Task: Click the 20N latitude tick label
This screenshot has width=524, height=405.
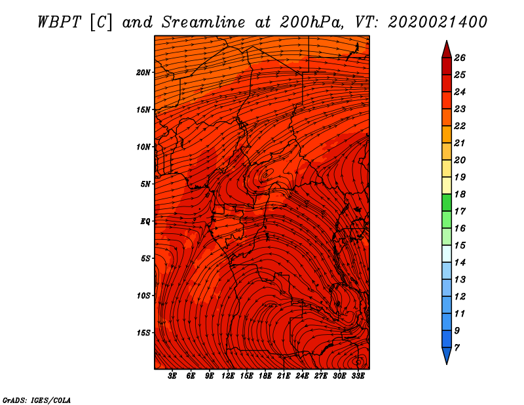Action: (x=143, y=73)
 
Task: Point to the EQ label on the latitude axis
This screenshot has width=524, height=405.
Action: (x=145, y=221)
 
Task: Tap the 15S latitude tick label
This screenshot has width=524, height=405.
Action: (x=143, y=333)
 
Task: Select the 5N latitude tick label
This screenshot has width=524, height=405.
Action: (x=145, y=184)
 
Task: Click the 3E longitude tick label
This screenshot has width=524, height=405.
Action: (x=172, y=376)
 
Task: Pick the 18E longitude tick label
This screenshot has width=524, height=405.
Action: (x=265, y=376)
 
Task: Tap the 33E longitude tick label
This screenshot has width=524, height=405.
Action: (x=358, y=376)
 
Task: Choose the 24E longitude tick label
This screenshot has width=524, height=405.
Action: (x=302, y=376)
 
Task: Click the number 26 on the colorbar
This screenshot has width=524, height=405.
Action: (x=460, y=58)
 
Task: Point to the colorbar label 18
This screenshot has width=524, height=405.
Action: (x=460, y=194)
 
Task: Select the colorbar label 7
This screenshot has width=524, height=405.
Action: (x=457, y=348)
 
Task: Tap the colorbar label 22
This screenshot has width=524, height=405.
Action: (x=460, y=126)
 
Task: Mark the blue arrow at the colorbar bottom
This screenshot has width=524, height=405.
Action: (x=447, y=355)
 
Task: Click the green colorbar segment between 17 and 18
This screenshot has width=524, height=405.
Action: (x=447, y=202)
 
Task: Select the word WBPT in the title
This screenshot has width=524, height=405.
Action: (x=59, y=22)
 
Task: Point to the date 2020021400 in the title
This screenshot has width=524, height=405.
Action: (x=438, y=22)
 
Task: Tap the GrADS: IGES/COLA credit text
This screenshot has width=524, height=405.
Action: (x=37, y=400)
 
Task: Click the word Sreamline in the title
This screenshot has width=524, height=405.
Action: (x=204, y=22)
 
